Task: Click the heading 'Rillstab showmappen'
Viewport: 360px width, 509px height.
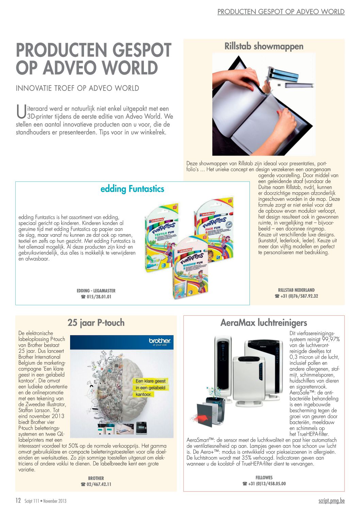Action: tap(264, 46)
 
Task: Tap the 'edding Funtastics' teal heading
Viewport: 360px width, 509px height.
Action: tap(132, 189)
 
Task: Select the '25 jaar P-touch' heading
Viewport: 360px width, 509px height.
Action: tap(96, 323)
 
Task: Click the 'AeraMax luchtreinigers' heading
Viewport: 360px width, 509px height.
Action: tap(264, 323)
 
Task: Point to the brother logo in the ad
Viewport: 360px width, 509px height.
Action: tap(160, 341)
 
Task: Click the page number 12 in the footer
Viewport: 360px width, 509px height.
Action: tap(18, 500)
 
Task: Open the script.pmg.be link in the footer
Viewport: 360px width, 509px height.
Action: tap(331, 501)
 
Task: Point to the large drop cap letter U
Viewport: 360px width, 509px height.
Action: tap(21, 112)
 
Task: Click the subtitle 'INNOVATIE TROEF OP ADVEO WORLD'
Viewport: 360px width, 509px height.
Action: tap(78, 88)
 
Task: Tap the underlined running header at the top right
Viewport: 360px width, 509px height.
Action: tap(281, 12)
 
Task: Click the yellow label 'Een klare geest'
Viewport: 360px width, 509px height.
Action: tap(150, 381)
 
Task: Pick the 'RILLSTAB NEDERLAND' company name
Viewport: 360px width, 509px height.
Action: tap(296, 290)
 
